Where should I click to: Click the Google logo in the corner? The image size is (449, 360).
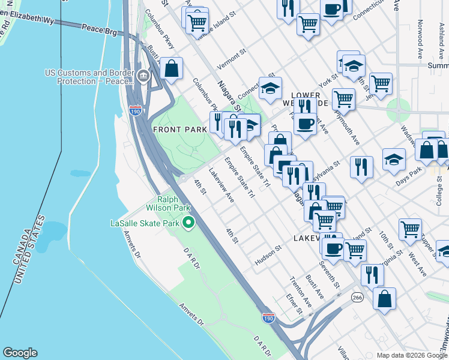point(20,353)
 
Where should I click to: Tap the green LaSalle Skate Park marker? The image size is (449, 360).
point(188,223)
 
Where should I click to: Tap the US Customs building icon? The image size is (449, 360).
point(143,76)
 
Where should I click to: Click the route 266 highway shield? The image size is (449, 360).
point(357,297)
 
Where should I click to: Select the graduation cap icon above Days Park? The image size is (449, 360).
point(394,159)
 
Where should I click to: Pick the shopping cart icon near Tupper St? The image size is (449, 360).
point(410,229)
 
